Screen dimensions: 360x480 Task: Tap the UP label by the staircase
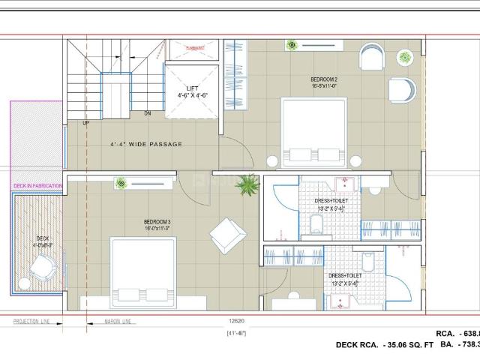coord(86,123)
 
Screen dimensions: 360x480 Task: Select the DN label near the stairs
coord(148,114)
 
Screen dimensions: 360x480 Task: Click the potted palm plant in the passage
coord(245,184)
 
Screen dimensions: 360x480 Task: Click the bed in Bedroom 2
coord(313,132)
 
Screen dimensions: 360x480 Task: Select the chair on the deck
coord(43,265)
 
